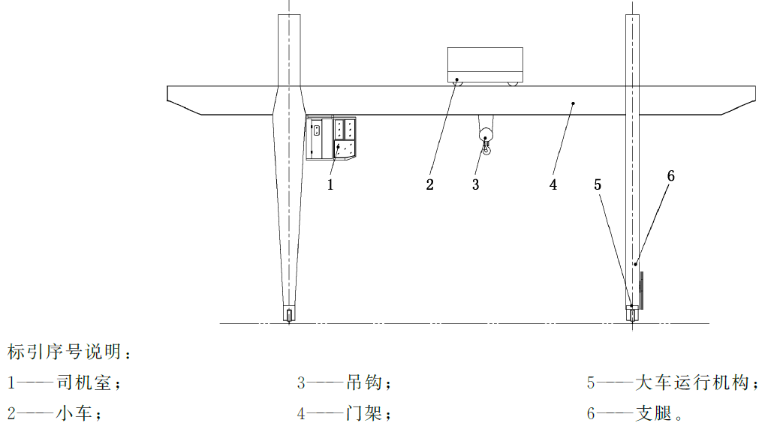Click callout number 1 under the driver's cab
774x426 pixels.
pyautogui.click(x=330, y=185)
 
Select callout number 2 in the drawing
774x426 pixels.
pyautogui.click(x=430, y=185)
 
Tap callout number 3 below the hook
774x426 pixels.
pyautogui.click(x=475, y=185)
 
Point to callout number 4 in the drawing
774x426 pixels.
pyautogui.click(x=553, y=185)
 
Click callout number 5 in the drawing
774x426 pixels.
pyautogui.click(x=598, y=185)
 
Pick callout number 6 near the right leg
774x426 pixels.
pyautogui.click(x=671, y=176)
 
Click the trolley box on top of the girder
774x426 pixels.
pyautogui.click(x=485, y=64)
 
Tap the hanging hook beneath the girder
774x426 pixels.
pyautogui.click(x=486, y=142)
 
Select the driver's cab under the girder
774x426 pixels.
pyautogui.click(x=331, y=138)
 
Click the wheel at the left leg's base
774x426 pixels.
pyautogui.click(x=289, y=314)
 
